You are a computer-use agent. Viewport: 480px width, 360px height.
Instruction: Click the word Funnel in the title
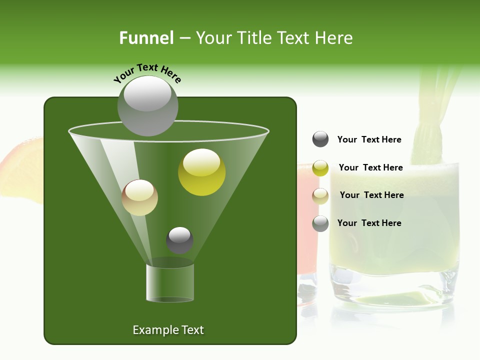146,38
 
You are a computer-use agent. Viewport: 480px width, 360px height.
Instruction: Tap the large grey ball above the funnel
148,106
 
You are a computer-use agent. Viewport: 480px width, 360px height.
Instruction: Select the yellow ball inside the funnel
201,172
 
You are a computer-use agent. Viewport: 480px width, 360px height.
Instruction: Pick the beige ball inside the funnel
139,197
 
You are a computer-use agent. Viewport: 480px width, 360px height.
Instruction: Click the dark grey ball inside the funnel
179,240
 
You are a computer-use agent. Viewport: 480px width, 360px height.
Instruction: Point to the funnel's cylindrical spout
169,282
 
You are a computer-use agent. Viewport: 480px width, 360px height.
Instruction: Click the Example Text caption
168,330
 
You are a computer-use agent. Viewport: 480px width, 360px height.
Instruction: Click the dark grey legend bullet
320,139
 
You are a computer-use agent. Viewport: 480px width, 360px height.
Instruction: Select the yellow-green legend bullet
320,168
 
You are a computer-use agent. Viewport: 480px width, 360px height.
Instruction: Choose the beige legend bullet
320,195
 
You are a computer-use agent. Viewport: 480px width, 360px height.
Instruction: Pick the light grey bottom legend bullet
320,223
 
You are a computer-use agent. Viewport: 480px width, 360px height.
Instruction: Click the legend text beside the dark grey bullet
369,140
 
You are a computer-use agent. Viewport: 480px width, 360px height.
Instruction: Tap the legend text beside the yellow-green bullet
370,167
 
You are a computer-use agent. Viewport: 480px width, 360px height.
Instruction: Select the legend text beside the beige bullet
371,195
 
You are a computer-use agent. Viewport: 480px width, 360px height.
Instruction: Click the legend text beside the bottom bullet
369,223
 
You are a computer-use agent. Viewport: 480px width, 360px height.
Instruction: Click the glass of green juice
395,230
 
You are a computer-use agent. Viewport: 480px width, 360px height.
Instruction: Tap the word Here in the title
334,38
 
